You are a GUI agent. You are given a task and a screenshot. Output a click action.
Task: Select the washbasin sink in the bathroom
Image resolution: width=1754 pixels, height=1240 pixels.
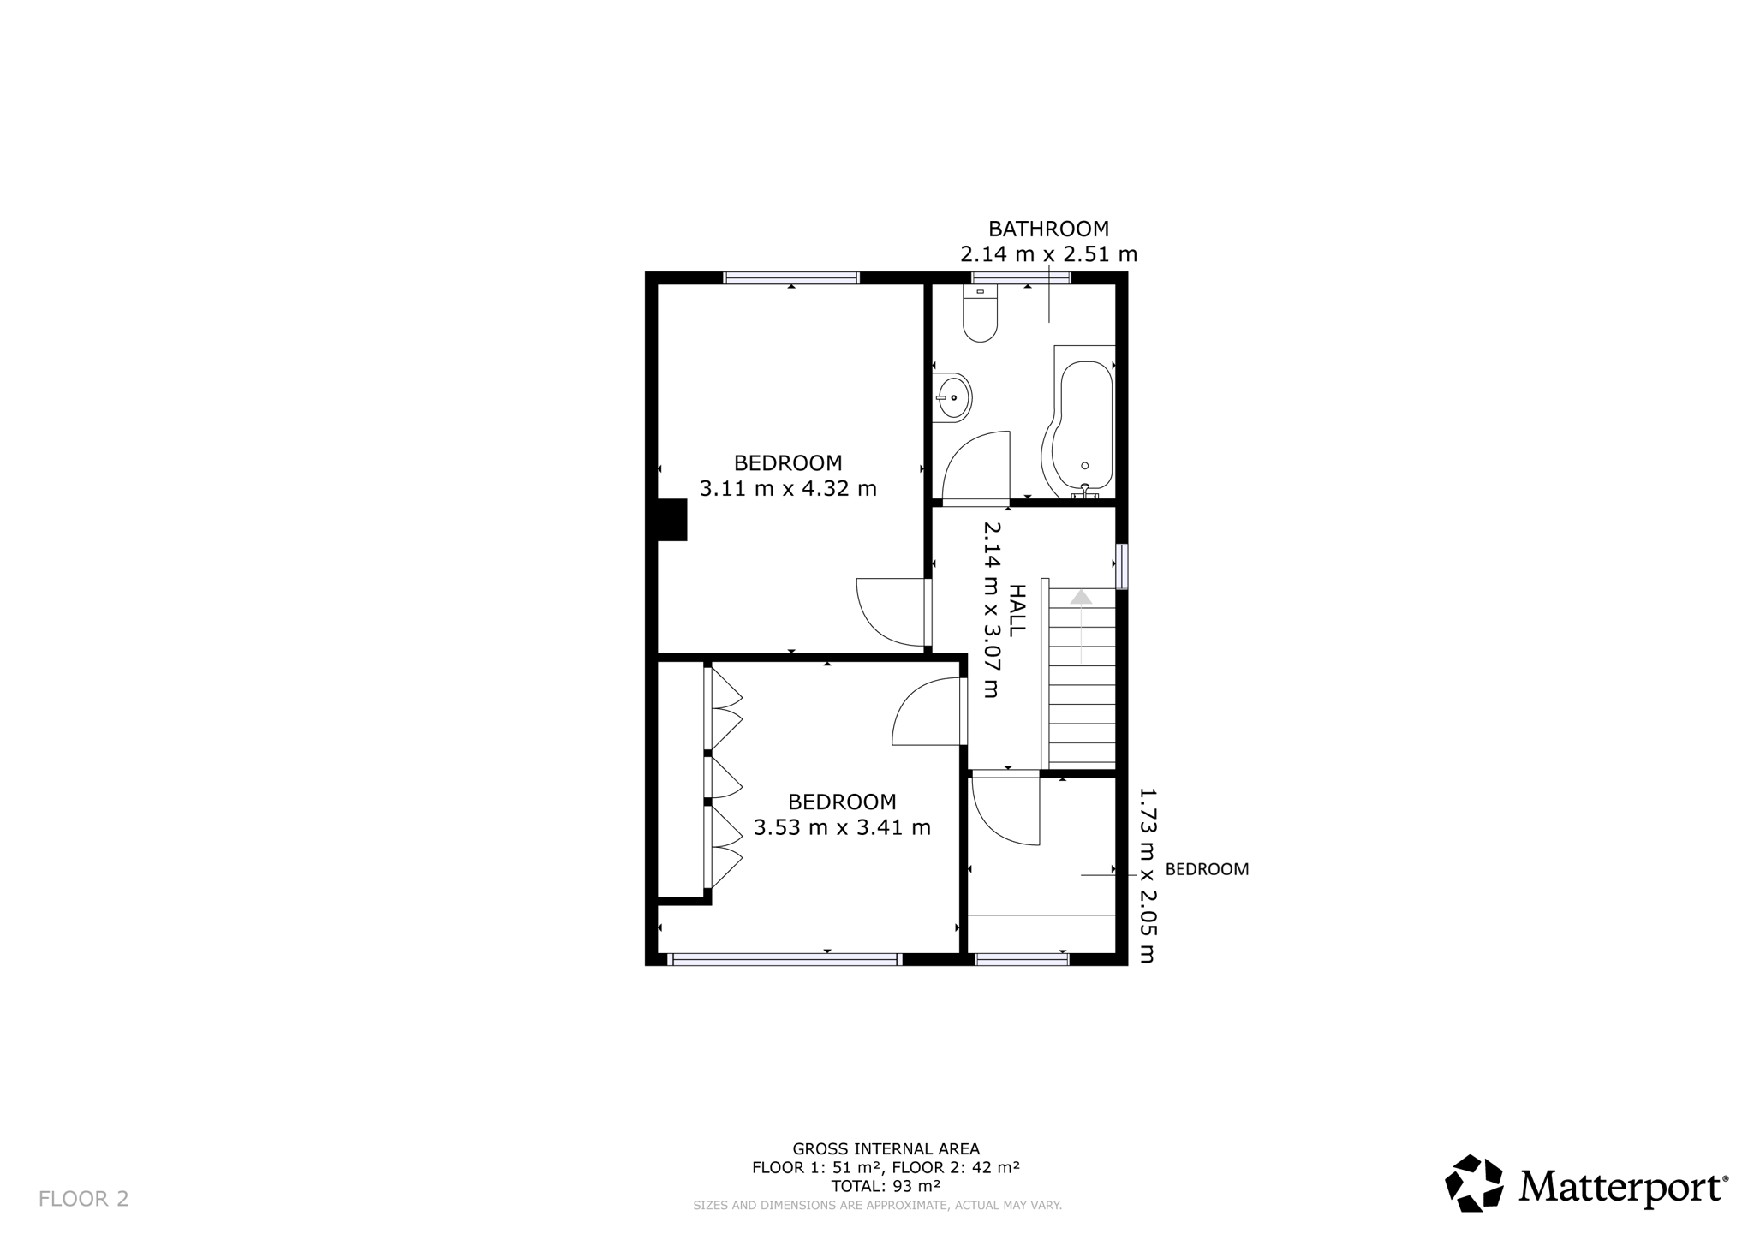pyautogui.click(x=952, y=397)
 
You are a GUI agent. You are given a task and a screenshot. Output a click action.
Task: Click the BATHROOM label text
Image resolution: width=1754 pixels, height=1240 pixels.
pyautogui.click(x=1048, y=229)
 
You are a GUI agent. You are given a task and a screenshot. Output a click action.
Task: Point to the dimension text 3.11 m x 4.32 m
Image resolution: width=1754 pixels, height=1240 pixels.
pyautogui.click(x=788, y=489)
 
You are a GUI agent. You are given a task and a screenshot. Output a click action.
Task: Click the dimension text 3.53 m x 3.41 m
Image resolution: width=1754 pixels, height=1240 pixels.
pyautogui.click(x=842, y=828)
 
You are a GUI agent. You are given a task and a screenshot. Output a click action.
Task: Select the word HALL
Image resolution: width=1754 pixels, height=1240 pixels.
pyautogui.click(x=1017, y=610)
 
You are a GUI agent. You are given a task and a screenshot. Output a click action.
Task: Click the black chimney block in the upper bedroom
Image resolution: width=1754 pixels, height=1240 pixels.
pyautogui.click(x=671, y=520)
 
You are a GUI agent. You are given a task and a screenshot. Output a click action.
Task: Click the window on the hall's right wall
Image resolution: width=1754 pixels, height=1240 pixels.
pyautogui.click(x=1122, y=566)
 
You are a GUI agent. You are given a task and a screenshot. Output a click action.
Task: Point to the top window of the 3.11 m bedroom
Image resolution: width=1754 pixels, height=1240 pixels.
pyautogui.click(x=791, y=277)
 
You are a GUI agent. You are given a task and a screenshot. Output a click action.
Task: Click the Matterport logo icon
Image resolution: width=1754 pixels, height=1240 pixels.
pyautogui.click(x=1474, y=1183)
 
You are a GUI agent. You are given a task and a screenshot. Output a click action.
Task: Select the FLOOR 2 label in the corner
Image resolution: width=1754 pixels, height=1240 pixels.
pyautogui.click(x=84, y=1199)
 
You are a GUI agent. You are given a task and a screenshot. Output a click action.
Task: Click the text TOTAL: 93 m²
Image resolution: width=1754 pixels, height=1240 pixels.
pyautogui.click(x=886, y=1186)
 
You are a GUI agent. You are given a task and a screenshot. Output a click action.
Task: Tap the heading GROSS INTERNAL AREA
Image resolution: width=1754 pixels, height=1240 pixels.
pyautogui.click(x=886, y=1149)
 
